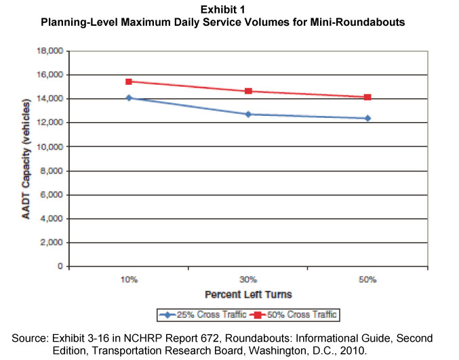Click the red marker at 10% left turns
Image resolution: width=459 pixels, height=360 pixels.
[x=128, y=81]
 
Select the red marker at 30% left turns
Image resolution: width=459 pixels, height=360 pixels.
[x=248, y=91]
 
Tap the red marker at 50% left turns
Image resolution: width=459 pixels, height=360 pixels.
[x=367, y=97]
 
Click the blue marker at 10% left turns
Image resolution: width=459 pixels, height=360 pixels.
[x=128, y=98]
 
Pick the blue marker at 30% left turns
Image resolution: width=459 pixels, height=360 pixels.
[x=248, y=114]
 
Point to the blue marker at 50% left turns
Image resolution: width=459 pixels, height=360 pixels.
[x=367, y=119]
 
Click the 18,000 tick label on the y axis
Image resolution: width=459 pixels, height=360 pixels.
[x=51, y=51]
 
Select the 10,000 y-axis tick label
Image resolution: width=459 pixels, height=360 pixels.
[x=51, y=146]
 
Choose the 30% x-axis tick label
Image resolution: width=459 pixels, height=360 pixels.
[x=248, y=280]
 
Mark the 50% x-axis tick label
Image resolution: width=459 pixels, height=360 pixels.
[x=367, y=280]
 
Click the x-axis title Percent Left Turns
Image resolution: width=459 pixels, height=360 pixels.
[x=248, y=295]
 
